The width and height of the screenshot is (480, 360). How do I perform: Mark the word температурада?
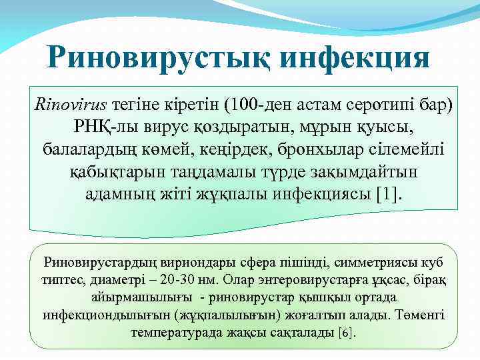175,331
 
